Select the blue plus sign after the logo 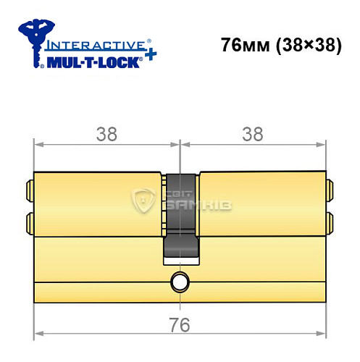click(149, 56)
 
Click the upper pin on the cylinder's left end click(30, 190)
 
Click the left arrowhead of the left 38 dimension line click(39, 143)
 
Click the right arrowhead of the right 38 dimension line click(320, 143)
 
